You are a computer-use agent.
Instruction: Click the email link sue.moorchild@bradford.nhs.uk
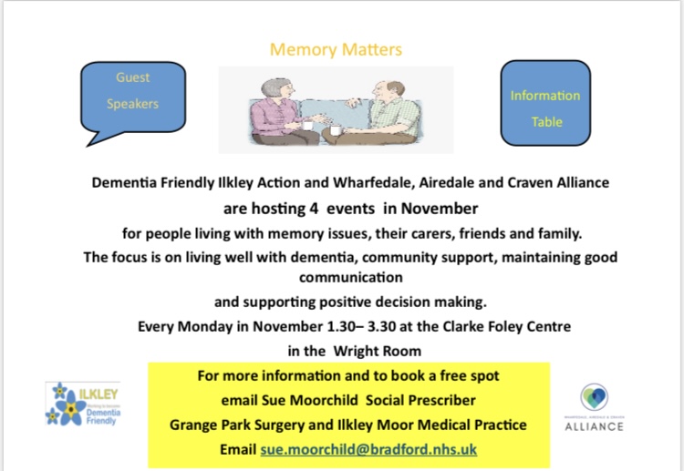coord(368,450)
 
